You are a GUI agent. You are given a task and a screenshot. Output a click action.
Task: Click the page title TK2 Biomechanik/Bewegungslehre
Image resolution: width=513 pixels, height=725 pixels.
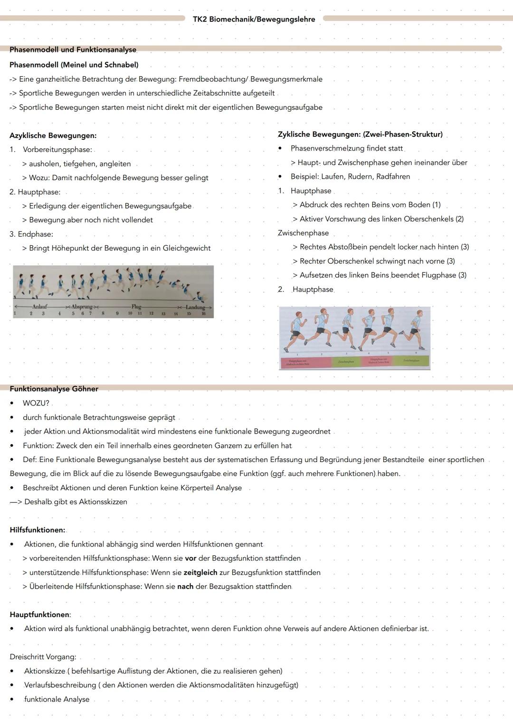(254, 19)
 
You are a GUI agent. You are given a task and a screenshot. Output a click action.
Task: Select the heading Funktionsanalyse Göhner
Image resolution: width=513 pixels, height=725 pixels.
(54, 389)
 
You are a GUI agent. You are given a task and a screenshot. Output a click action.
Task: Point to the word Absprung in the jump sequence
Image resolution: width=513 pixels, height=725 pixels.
(82, 307)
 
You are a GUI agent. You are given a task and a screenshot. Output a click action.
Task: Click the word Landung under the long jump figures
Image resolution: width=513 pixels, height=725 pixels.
(195, 308)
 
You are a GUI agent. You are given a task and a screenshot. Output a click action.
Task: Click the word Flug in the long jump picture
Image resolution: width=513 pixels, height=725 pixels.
(136, 307)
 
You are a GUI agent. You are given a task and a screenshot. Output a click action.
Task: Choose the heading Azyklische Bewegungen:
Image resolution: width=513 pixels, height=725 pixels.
(53, 135)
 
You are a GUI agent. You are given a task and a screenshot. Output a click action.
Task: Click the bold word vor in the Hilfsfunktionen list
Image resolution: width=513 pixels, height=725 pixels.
(190, 558)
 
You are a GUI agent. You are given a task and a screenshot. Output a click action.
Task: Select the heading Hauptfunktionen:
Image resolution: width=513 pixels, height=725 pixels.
(40, 615)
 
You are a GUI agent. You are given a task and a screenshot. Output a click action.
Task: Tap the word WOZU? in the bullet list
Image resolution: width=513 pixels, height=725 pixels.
(36, 403)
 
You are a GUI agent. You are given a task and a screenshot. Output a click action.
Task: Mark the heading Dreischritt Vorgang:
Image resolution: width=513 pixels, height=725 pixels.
(43, 657)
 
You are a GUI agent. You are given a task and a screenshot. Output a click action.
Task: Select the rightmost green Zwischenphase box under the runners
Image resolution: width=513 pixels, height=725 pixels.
(411, 361)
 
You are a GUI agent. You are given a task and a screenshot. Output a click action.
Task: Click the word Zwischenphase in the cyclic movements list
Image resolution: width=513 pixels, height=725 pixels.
(303, 233)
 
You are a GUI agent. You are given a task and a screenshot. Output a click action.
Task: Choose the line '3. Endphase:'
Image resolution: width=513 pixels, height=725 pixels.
(31, 234)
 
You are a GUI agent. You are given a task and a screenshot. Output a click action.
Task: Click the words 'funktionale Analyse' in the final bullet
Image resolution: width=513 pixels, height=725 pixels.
(57, 699)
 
